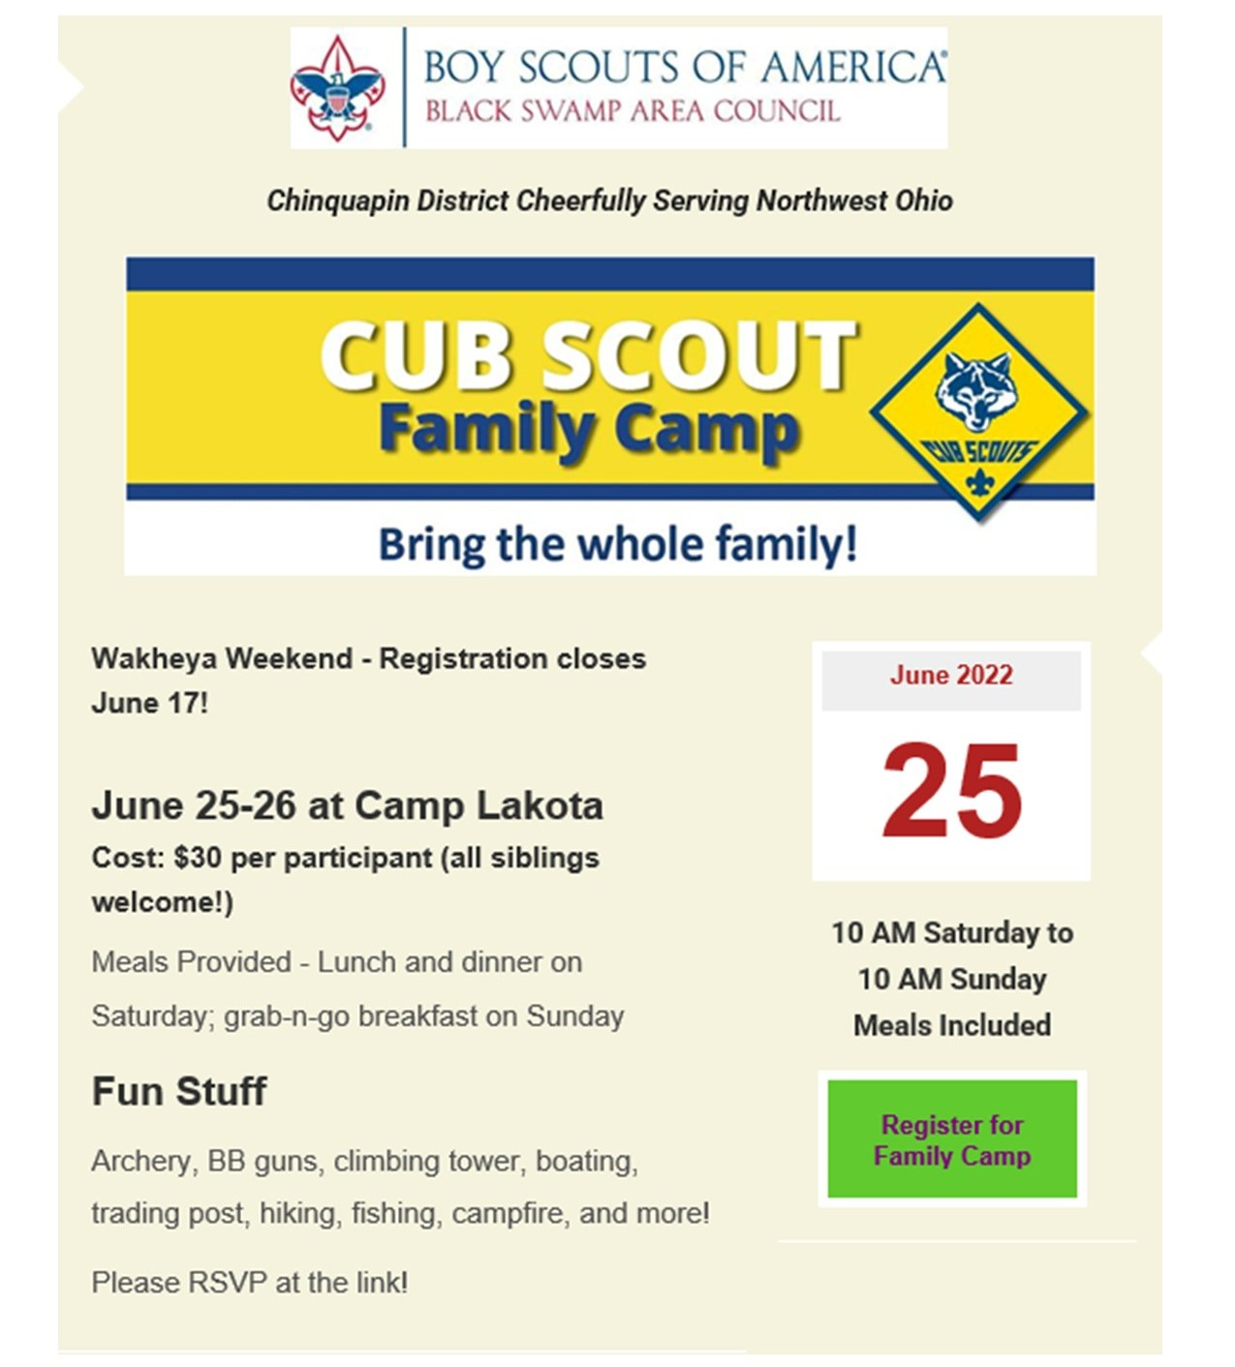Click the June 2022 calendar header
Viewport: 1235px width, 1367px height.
(x=951, y=676)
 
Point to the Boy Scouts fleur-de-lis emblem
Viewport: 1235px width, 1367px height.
(x=337, y=89)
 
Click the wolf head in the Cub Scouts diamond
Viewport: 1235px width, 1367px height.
(x=976, y=390)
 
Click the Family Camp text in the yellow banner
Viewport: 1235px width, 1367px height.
(x=589, y=431)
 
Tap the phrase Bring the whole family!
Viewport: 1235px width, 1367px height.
(x=617, y=545)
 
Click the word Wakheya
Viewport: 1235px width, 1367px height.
(x=154, y=659)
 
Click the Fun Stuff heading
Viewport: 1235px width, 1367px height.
(x=179, y=1091)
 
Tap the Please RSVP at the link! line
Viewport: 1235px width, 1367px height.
(x=250, y=1283)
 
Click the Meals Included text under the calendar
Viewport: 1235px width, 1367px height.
(x=952, y=1025)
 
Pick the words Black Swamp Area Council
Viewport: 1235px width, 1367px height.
(x=633, y=111)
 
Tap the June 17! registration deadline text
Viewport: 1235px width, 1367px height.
(x=149, y=703)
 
